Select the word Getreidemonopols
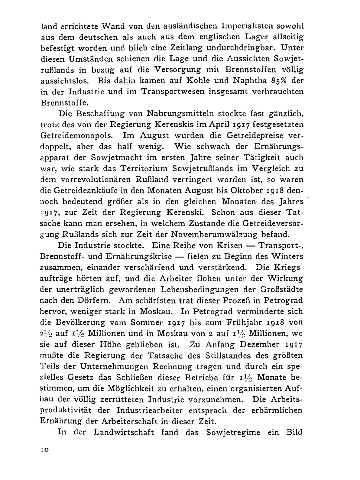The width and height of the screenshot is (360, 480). coord(78,135)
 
